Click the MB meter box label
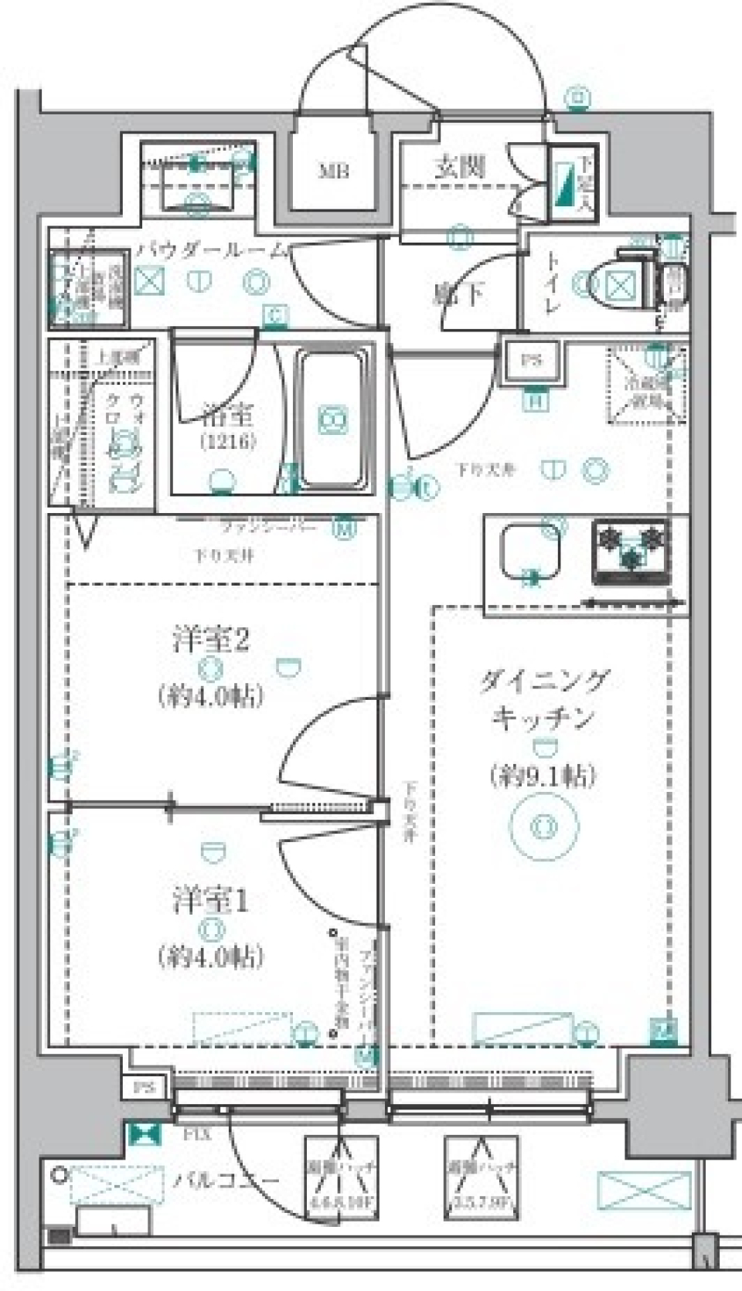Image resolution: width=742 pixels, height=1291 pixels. coord(334,171)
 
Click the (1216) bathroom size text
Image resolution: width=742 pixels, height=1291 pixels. coord(228,443)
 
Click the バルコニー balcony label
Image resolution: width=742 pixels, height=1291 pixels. coord(225,1181)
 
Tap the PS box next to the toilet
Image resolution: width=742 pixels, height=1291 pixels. coord(531,361)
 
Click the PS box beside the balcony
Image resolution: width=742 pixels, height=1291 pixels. coord(144,1088)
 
